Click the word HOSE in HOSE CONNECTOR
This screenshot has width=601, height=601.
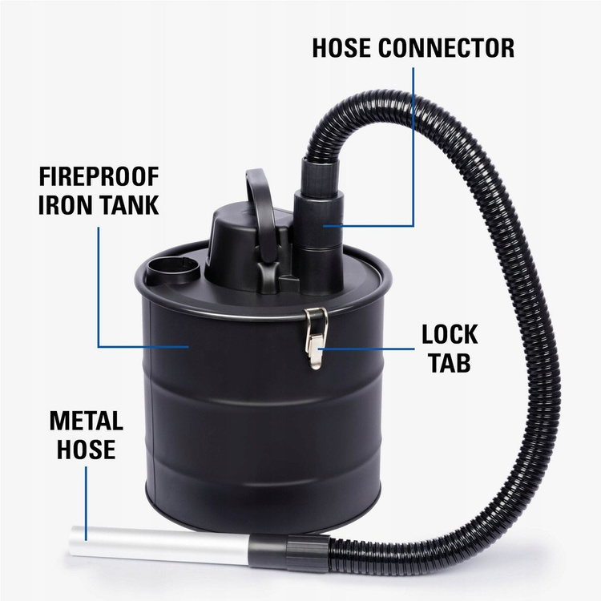pos(342,48)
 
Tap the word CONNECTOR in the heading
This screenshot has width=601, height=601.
pos(446,48)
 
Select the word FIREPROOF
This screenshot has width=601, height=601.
pos(99,177)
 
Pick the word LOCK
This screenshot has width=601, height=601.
pos(450,335)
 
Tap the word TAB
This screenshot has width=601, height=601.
pos(450,362)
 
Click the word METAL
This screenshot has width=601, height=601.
pos(87,421)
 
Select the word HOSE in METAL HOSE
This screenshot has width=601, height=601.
pos(87,449)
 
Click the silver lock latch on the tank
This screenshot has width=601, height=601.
pos(317,338)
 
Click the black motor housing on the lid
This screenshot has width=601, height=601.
pos(245,249)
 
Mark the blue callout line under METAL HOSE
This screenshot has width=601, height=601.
pos(86,503)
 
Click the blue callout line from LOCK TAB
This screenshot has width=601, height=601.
pos(366,349)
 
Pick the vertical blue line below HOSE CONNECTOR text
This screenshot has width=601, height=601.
pos(413,147)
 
